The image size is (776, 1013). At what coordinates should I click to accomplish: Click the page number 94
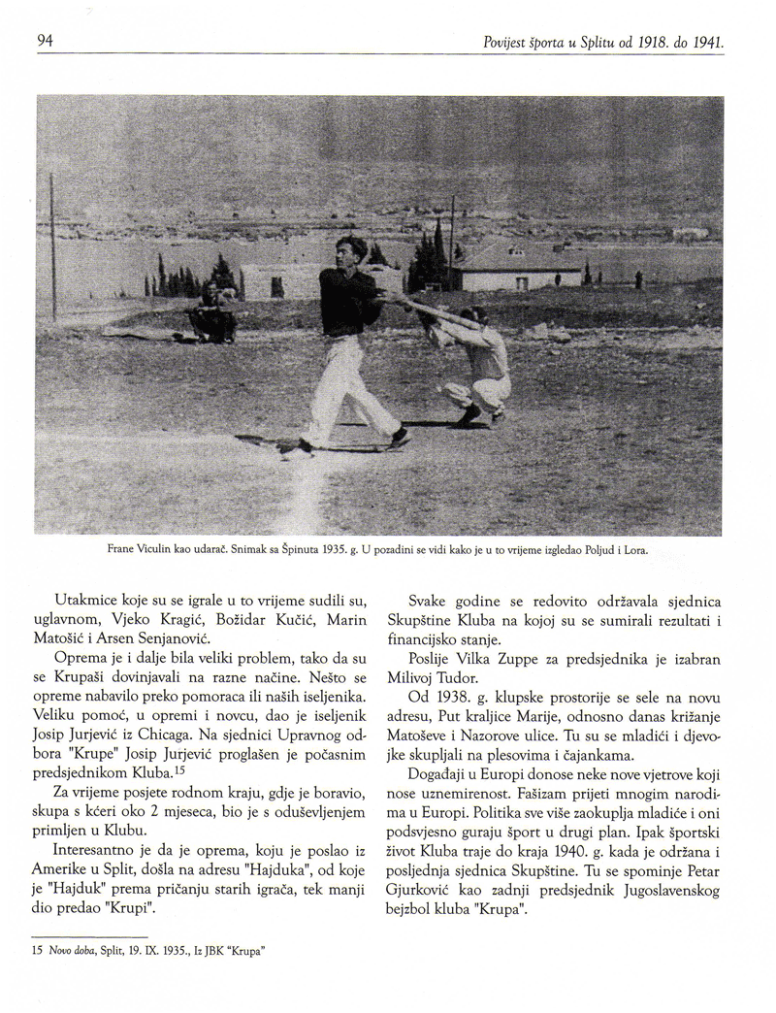tap(43, 41)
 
